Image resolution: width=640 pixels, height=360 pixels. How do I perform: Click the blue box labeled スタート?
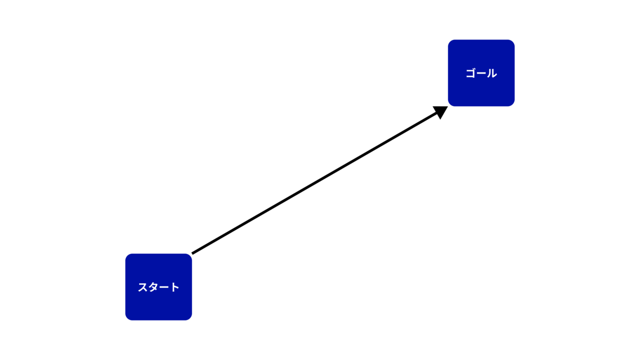(x=158, y=287)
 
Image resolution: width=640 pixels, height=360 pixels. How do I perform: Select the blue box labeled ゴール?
(x=481, y=73)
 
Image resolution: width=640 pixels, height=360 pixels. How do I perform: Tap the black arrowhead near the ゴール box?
(x=441, y=111)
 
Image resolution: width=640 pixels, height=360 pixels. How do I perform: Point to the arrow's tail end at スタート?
(x=192, y=253)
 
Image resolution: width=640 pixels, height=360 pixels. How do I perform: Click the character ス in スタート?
(x=142, y=287)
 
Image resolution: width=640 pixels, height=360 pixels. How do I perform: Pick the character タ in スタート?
(x=153, y=287)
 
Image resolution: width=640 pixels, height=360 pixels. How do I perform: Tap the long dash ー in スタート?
(x=164, y=287)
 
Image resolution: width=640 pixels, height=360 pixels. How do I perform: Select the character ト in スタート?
(x=174, y=287)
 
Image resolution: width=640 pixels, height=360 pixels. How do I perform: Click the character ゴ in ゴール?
(x=470, y=73)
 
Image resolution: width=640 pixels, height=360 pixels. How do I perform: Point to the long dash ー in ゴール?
(x=481, y=74)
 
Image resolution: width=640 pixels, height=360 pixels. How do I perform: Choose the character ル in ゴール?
(x=492, y=73)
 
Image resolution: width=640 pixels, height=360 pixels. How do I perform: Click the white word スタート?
(x=158, y=287)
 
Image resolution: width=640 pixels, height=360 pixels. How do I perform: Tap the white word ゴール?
(x=482, y=73)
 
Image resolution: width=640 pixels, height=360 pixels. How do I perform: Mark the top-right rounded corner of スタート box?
(x=190, y=255)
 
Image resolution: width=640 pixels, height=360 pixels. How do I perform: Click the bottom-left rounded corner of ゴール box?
(x=450, y=105)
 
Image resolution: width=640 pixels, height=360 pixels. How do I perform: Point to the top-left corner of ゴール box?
(x=450, y=42)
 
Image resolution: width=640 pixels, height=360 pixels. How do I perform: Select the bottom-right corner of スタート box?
(x=190, y=318)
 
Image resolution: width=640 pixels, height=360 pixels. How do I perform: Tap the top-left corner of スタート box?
(x=127, y=255)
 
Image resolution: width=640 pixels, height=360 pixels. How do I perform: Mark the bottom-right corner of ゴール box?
(x=513, y=105)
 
